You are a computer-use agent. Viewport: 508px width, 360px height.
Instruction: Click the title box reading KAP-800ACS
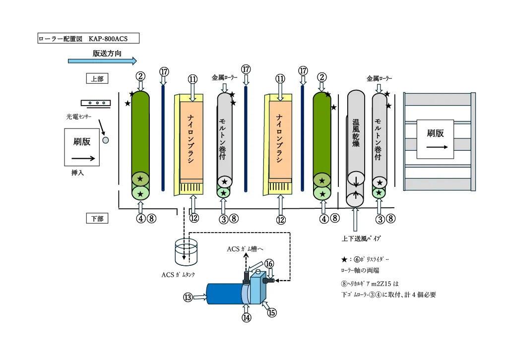(88, 38)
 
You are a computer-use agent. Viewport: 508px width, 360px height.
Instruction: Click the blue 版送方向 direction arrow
(102, 61)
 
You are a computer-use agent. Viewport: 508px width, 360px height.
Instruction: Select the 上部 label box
(97, 78)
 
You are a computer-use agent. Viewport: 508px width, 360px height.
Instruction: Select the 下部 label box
(97, 218)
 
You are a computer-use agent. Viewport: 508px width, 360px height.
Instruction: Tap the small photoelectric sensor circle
(105, 140)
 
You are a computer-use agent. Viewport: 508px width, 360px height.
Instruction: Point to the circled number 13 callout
(188, 297)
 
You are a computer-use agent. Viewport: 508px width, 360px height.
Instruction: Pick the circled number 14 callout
(247, 318)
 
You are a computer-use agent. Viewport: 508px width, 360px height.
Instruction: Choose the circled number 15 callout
(271, 312)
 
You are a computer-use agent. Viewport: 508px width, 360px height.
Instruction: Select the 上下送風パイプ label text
(361, 239)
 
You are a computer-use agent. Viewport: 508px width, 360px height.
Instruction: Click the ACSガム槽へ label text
(248, 249)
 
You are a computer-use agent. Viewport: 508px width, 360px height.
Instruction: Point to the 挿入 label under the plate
(78, 174)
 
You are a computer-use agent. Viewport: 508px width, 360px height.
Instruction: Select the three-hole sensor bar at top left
(95, 103)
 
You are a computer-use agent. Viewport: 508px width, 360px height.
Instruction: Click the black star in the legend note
(344, 259)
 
